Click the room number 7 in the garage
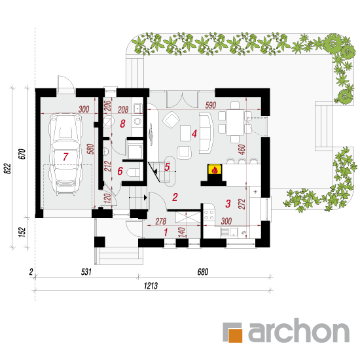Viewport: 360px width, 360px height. pos(65,157)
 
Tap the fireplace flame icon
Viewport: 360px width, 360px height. pos(215,170)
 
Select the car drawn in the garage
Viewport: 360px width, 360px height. pos(65,154)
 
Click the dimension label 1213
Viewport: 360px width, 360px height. pos(151,286)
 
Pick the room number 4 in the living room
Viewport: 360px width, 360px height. pos(194,134)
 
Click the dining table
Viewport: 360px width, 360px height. pos(235,122)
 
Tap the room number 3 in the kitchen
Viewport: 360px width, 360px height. pos(228,204)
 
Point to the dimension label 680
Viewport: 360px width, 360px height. pos(203,272)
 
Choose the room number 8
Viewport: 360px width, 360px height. pos(122,124)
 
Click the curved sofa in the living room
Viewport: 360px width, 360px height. pos(206,133)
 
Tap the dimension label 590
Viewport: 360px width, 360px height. pos(211,105)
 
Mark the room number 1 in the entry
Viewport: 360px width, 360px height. pos(166,232)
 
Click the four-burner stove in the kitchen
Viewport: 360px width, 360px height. pos(209,215)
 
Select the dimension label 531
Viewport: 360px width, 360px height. pos(86,272)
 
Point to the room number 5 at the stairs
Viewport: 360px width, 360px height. pos(167,167)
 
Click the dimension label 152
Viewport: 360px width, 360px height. pos(22,232)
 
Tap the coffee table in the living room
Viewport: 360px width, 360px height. pos(185,133)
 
